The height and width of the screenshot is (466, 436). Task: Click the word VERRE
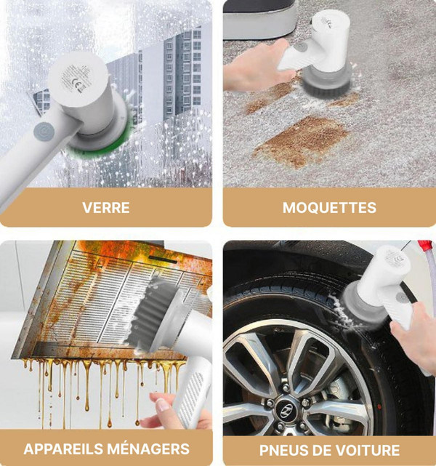[106, 208]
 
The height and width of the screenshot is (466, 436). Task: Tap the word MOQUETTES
[329, 208]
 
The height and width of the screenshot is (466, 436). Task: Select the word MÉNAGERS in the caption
[148, 449]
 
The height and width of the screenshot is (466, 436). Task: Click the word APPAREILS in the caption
[63, 449]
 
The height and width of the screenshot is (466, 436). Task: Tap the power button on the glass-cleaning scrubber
[44, 132]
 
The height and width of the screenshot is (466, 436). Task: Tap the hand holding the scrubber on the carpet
[255, 67]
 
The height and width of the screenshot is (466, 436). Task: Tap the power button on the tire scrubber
[402, 297]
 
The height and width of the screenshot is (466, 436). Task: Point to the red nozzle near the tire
[424, 247]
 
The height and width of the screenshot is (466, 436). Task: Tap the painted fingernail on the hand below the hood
[163, 405]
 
